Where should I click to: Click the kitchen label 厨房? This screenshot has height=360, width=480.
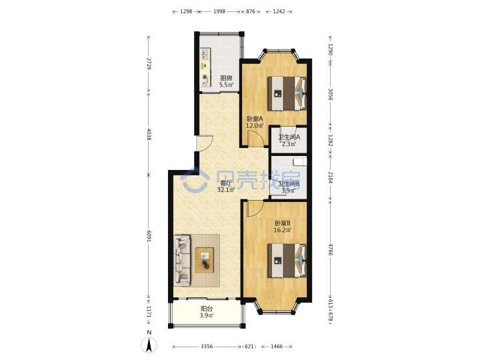(226, 78)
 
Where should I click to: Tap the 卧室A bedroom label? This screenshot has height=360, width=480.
(255, 119)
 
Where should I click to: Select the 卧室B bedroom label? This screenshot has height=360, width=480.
(282, 223)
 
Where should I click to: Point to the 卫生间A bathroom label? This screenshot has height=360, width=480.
(289, 137)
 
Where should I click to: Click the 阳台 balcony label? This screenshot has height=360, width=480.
(207, 309)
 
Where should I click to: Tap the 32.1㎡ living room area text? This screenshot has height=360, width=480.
(226, 190)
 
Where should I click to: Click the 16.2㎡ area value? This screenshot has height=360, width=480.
(282, 230)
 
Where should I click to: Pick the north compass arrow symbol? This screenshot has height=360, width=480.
(149, 345)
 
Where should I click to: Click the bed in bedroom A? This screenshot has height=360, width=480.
(287, 93)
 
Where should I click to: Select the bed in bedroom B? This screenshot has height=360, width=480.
(287, 260)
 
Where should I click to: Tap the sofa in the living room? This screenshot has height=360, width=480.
(182, 261)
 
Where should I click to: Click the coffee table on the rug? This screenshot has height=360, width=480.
(205, 260)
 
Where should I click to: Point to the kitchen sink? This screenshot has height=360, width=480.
(205, 55)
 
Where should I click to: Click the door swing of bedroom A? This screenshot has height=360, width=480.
(255, 139)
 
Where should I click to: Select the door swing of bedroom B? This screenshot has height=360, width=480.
(255, 209)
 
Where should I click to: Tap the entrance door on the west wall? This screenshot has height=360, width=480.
(205, 143)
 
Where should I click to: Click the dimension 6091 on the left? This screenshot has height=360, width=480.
(149, 236)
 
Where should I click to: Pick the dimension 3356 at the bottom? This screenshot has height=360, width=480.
(207, 347)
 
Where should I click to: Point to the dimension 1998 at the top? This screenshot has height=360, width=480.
(219, 11)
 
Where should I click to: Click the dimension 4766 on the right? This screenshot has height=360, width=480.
(331, 249)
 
